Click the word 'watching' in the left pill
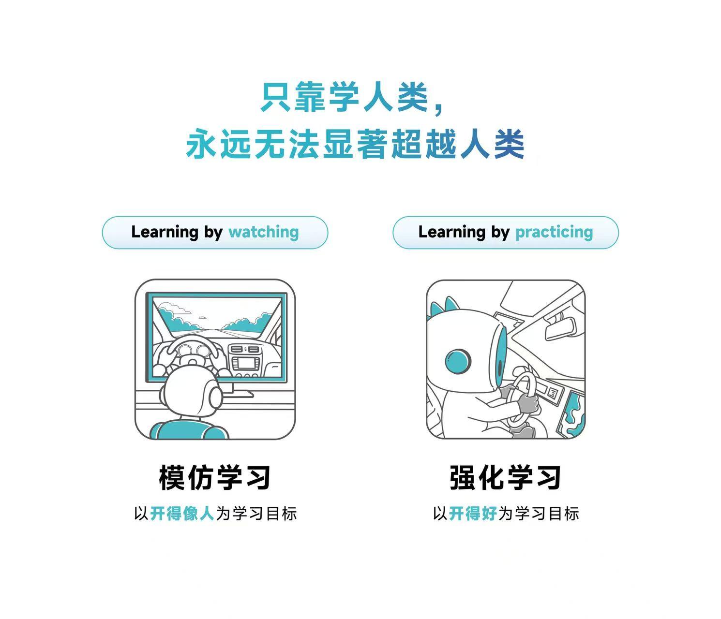[x=263, y=232]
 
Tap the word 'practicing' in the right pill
[x=554, y=232]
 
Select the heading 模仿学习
[x=215, y=477]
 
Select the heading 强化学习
[x=505, y=477]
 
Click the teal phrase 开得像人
[x=182, y=513]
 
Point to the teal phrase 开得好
[x=473, y=513]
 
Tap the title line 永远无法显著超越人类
[x=356, y=144]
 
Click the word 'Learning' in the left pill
[x=165, y=232]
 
